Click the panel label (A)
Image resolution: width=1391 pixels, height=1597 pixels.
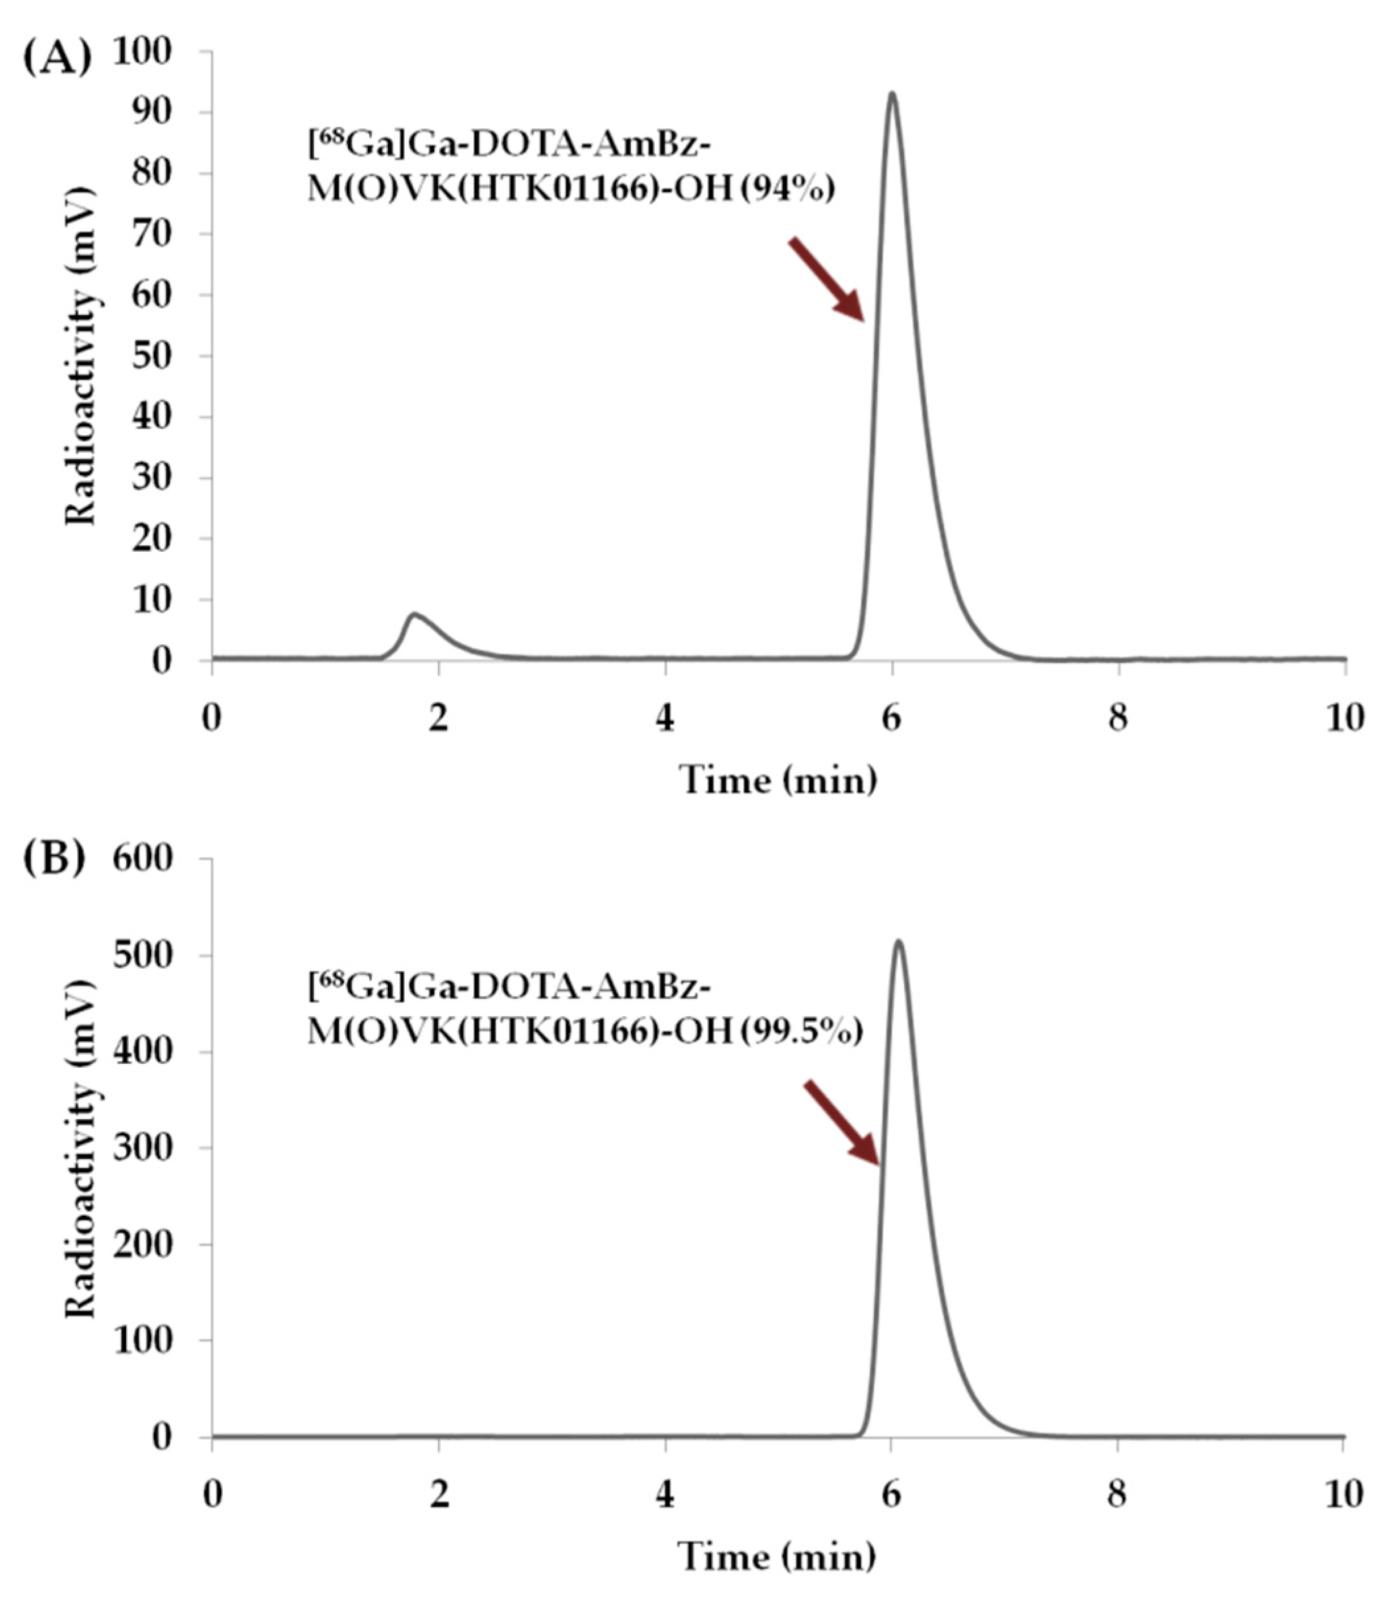[57, 58]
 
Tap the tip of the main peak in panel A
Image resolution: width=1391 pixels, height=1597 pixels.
[893, 94]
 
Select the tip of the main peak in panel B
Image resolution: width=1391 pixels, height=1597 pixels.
[898, 942]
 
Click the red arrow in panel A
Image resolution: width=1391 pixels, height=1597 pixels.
[828, 279]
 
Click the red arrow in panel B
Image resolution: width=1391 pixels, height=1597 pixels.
[842, 1122]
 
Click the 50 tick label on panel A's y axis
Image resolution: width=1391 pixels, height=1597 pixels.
[161, 356]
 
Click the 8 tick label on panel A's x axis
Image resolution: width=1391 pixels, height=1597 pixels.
[1117, 719]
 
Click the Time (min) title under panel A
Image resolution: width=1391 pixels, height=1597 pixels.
[779, 780]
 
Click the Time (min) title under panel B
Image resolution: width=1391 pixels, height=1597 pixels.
[779, 1555]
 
